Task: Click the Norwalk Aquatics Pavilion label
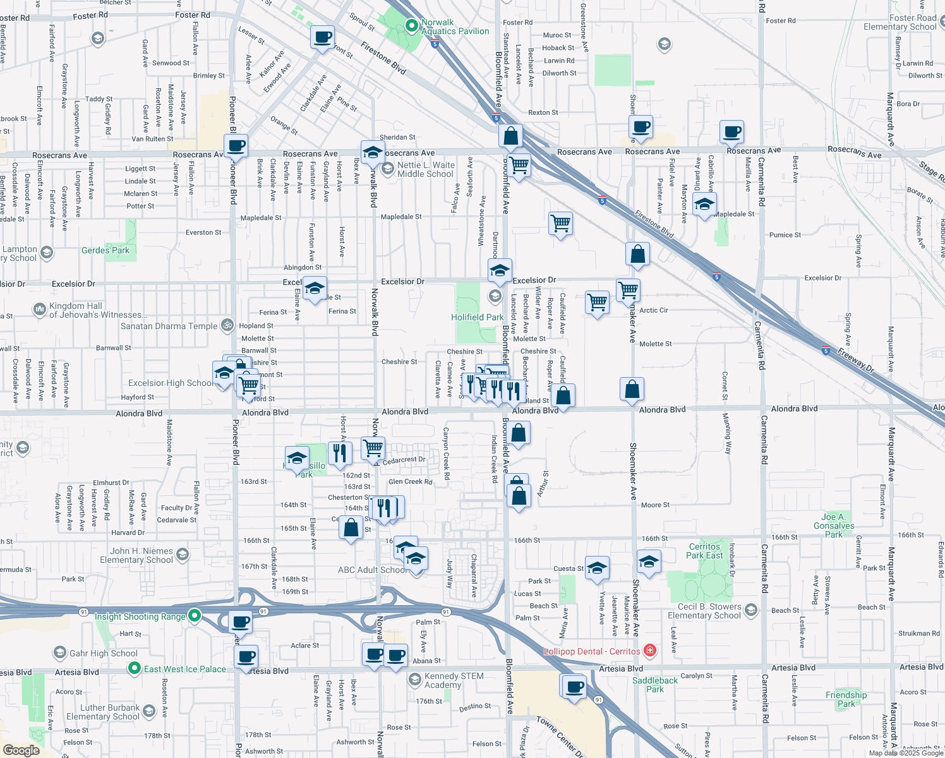[x=455, y=27]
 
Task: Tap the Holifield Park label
[x=478, y=317]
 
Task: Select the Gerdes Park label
[x=105, y=250]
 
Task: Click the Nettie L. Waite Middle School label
[x=426, y=169]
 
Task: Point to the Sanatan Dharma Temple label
[x=169, y=326]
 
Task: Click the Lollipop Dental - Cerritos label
[x=593, y=651]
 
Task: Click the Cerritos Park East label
[x=704, y=551]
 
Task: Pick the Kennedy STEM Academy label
[x=454, y=680]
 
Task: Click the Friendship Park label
[x=846, y=699]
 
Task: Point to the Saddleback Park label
[x=655, y=685]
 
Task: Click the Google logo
[x=21, y=750]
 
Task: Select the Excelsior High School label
[x=171, y=383]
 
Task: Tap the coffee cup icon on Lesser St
[x=322, y=38]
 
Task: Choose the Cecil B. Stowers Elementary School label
[x=704, y=611]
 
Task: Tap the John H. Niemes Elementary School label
[x=136, y=555]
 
